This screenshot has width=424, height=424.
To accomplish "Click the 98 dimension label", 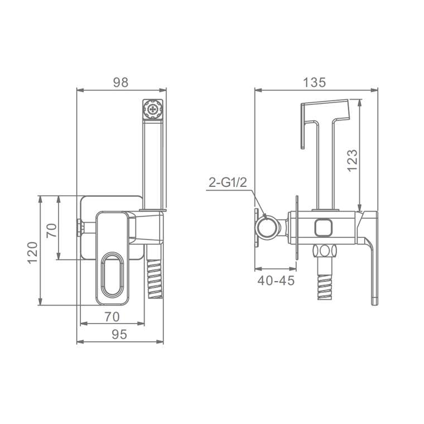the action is click(x=121, y=82).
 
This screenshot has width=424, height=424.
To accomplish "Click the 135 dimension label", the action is click(x=315, y=82).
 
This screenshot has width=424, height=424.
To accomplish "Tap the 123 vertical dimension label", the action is click(x=353, y=160).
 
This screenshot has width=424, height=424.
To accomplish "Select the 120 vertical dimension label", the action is click(x=32, y=253).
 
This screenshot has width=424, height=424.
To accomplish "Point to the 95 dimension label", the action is click(x=119, y=335).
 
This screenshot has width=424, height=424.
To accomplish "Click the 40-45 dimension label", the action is click(x=276, y=281).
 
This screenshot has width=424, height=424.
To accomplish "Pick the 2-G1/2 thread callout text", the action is click(x=228, y=182).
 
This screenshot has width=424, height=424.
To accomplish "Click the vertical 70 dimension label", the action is click(x=52, y=230).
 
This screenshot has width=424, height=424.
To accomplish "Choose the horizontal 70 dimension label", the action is click(x=112, y=317).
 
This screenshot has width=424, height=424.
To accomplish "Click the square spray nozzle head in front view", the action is click(x=153, y=109).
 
